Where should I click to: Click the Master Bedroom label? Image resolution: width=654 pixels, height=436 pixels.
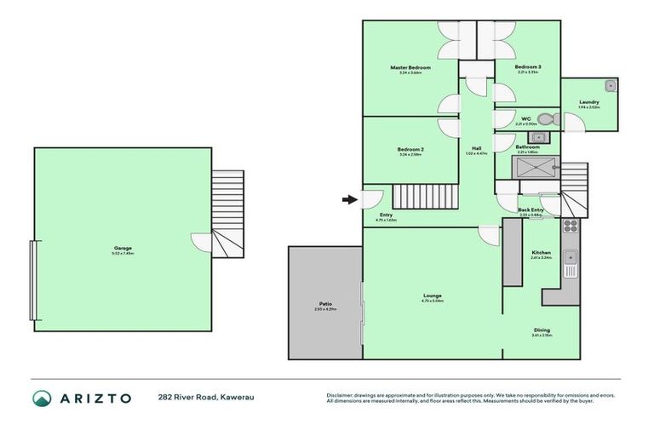pyautogui.click(x=410, y=67)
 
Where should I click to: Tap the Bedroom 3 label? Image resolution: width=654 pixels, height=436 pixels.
pyautogui.click(x=527, y=66)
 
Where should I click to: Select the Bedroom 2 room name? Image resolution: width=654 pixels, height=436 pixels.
pyautogui.click(x=410, y=150)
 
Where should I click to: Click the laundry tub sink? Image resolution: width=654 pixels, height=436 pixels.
pyautogui.click(x=608, y=86)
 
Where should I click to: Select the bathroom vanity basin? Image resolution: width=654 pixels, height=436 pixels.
pyautogui.click(x=536, y=138)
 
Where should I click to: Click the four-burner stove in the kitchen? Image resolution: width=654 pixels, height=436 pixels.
pyautogui.click(x=570, y=227)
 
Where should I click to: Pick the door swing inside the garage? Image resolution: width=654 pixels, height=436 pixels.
pyautogui.click(x=201, y=244)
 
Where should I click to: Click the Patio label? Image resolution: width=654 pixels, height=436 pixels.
pyautogui.click(x=325, y=304)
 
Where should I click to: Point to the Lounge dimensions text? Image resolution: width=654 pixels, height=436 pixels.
pyautogui.click(x=433, y=301)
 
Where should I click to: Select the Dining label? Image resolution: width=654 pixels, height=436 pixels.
pyautogui.click(x=542, y=330)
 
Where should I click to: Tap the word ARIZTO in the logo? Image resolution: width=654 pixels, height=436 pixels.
pyautogui.click(x=94, y=398)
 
